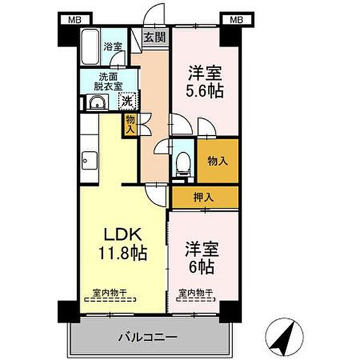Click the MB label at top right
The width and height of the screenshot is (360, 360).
coord(236,20)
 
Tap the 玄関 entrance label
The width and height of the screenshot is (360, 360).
coord(155,37)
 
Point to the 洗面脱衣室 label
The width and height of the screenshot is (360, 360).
coord(109,82)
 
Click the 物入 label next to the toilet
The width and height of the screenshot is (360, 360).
coord(217,161)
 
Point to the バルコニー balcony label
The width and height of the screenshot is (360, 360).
coord(147,337)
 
